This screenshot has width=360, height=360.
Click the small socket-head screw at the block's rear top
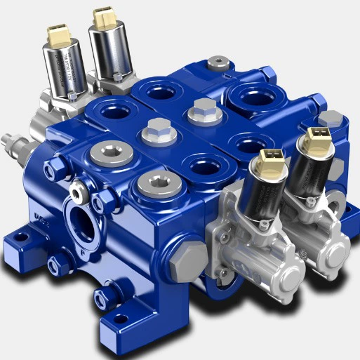coord(222,65)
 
